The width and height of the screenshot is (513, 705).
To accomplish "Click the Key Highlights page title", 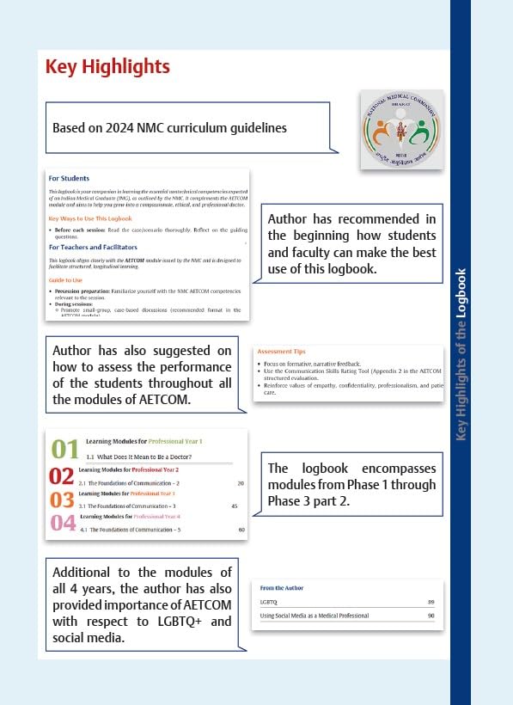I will click(107, 67).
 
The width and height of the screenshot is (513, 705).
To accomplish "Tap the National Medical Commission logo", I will click(400, 129).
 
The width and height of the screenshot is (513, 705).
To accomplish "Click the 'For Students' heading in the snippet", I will click(69, 179).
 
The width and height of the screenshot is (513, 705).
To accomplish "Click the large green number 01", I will click(64, 449).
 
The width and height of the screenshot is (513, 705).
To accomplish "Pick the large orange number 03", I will click(62, 500).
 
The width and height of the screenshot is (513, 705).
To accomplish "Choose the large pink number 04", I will click(64, 524).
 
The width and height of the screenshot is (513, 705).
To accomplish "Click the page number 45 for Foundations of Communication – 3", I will click(234, 506).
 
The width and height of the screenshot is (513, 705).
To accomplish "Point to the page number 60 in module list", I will click(241, 530).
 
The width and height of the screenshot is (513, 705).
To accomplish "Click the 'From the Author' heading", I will click(281, 588).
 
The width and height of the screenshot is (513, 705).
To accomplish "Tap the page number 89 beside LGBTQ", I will click(431, 603).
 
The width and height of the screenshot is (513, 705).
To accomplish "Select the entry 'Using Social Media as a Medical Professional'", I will click(314, 616).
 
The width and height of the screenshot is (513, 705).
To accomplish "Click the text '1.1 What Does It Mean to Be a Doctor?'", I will click(138, 456).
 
